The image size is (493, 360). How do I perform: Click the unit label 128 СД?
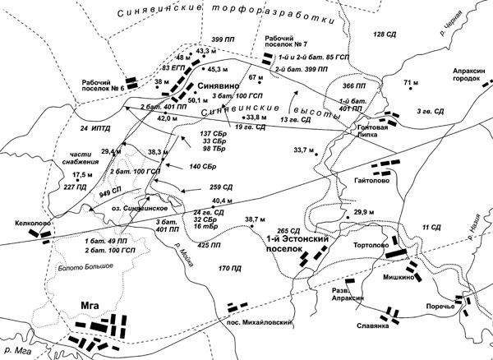click(385, 35)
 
